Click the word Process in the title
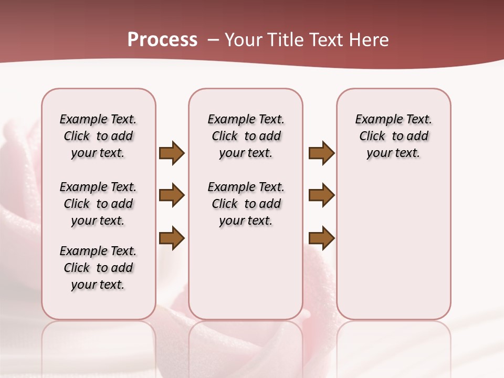click(x=162, y=40)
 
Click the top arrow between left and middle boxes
click(x=172, y=153)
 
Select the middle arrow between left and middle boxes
click(x=172, y=195)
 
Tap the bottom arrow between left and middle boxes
click(x=172, y=238)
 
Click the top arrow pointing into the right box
click(x=321, y=153)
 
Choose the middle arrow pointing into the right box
click(x=321, y=195)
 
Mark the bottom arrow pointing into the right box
click(x=321, y=238)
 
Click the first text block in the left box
click(x=98, y=136)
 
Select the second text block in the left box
click(x=98, y=204)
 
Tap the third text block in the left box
click(x=98, y=268)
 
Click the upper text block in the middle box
click(x=246, y=136)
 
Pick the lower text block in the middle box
click(x=246, y=204)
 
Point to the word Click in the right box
click(x=372, y=136)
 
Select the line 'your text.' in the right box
click(x=393, y=153)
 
